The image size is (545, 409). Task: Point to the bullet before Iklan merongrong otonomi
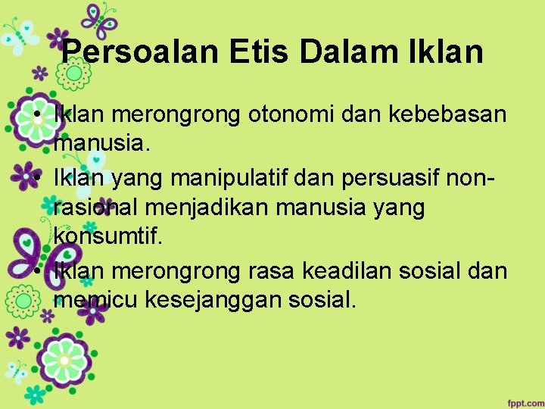click(36, 116)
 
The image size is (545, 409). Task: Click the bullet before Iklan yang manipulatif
click(36, 180)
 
